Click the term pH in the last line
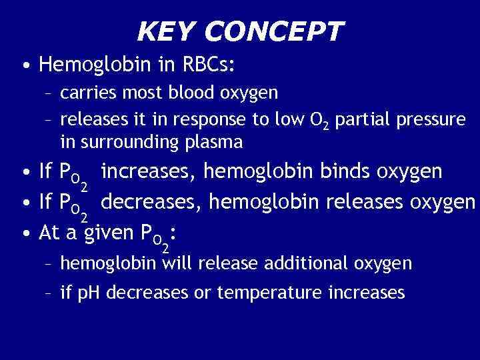91,292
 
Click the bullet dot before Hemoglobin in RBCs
24,65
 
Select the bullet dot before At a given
24,233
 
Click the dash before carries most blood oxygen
48,93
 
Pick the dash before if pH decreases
48,293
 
